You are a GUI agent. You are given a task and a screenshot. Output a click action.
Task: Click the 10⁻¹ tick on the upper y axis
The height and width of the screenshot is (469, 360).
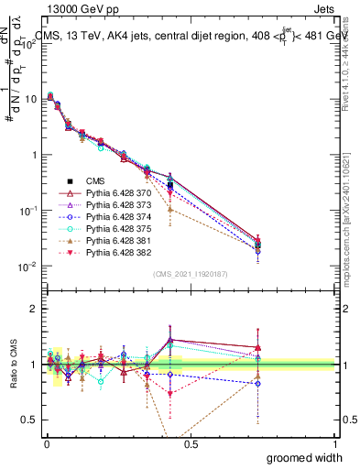[29, 211]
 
